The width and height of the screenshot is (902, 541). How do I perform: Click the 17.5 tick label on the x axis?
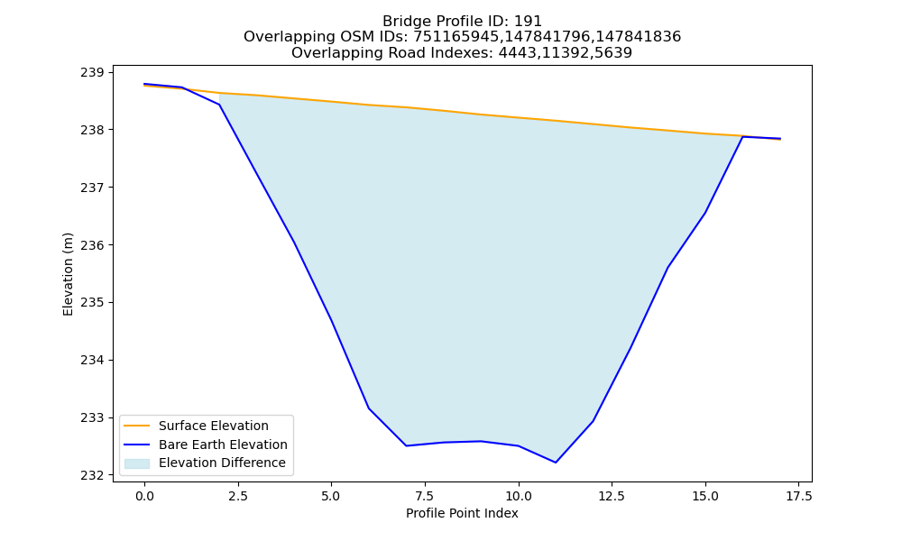click(x=798, y=496)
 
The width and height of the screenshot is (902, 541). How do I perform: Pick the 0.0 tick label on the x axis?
click(x=144, y=496)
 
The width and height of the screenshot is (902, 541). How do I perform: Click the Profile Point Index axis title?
click(x=462, y=513)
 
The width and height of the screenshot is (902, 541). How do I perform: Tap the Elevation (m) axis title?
click(x=68, y=274)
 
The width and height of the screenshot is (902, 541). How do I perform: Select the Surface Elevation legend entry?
click(x=214, y=426)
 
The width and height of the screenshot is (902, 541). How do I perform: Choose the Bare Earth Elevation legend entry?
click(x=223, y=445)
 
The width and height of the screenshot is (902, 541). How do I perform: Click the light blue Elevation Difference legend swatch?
click(x=137, y=463)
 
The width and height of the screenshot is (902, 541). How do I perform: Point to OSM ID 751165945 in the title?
click(x=456, y=37)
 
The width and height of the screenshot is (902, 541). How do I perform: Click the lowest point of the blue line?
click(x=556, y=463)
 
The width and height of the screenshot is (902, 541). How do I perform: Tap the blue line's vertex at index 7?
click(x=406, y=445)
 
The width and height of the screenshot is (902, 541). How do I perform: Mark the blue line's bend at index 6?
click(x=369, y=408)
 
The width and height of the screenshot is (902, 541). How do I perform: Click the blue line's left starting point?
click(x=144, y=84)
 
